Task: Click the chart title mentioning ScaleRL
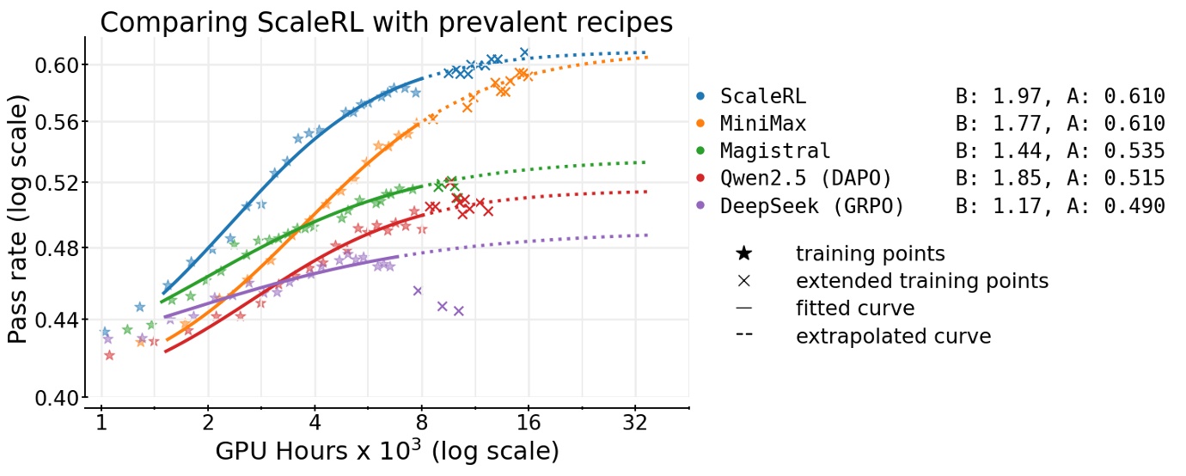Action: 386,21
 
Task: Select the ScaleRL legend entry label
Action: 763,96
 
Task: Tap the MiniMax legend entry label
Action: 763,124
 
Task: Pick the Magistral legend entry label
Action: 775,151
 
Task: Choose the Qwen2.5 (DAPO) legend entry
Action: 806,179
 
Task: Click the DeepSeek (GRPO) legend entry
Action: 812,206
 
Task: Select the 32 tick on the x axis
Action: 634,424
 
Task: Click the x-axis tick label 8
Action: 421,424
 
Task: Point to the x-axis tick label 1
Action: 101,424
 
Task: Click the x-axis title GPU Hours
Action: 386,451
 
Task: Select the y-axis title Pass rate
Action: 18,218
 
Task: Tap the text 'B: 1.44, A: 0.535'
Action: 1060,151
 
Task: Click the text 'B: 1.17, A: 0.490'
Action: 1060,206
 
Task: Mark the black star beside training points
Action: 744,254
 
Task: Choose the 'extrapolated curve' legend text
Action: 893,336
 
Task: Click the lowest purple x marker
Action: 458,311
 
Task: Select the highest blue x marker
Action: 524,52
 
